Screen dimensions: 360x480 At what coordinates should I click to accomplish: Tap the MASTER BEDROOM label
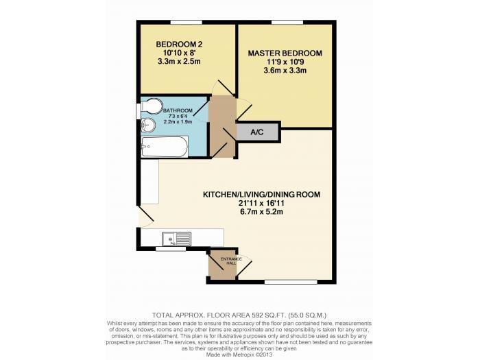284,53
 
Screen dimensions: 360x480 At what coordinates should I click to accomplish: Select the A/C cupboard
258,132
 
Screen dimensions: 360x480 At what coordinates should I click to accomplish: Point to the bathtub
163,145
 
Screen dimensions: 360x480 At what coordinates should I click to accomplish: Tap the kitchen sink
176,239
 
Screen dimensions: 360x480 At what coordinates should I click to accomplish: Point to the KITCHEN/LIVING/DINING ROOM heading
261,195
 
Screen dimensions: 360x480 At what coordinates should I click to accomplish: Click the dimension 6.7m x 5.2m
261,213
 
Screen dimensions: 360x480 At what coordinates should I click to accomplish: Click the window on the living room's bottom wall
286,282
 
